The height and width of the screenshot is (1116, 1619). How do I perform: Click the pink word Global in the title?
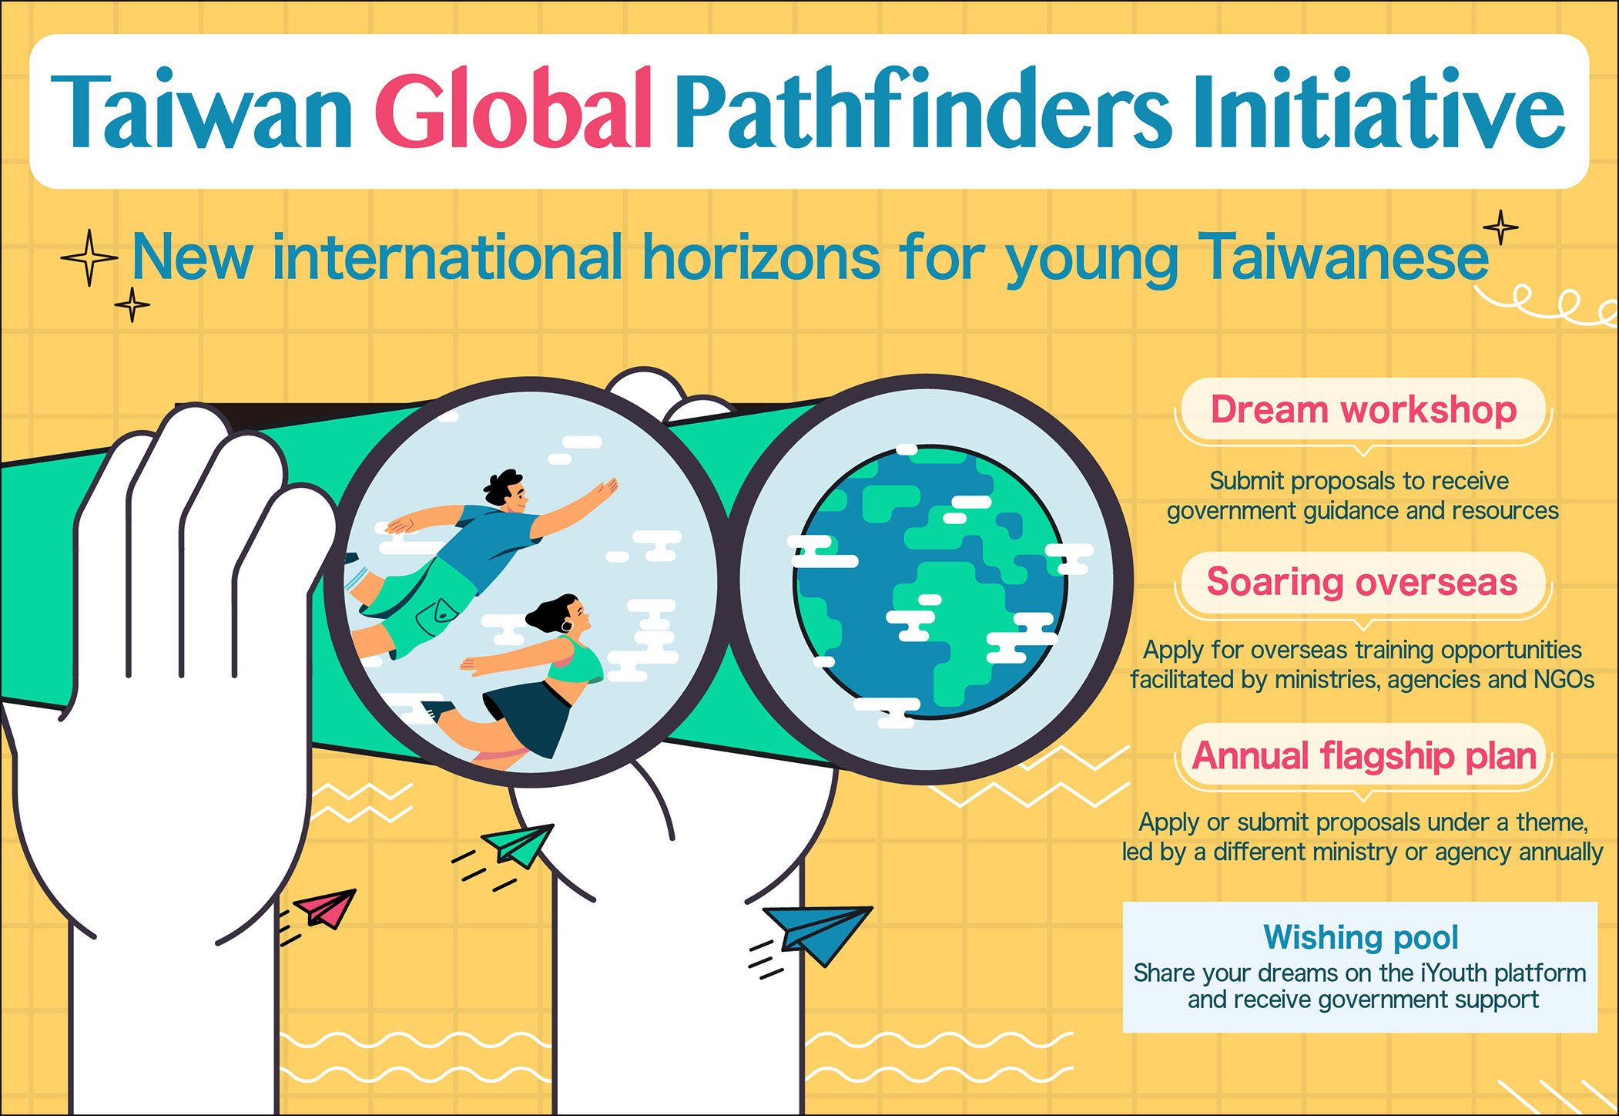pyautogui.click(x=515, y=109)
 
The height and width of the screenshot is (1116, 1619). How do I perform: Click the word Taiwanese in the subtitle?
pyautogui.click(x=1343, y=258)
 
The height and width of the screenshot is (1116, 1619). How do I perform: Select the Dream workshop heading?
pyautogui.click(x=1363, y=409)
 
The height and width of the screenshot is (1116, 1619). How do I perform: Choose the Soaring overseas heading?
pyautogui.click(x=1362, y=581)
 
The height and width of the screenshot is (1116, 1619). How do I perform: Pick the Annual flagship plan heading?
pyautogui.click(x=1364, y=756)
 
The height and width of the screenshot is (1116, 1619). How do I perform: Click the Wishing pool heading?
pyautogui.click(x=1361, y=937)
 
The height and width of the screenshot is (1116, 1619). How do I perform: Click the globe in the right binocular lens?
pyautogui.click(x=930, y=582)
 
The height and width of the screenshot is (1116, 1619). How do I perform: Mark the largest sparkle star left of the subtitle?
pyautogui.click(x=89, y=257)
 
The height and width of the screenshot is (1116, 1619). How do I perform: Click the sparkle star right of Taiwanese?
pyautogui.click(x=1500, y=227)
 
